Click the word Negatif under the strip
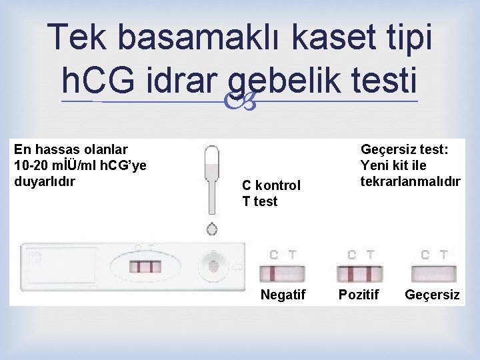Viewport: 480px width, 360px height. tap(283, 295)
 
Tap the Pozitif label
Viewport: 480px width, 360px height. tap(359, 295)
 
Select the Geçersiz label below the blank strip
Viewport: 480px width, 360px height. tap(432, 295)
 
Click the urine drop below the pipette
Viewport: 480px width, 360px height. tap(212, 229)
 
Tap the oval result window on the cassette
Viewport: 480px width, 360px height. tap(145, 267)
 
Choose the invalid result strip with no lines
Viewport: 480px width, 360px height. tap(434, 273)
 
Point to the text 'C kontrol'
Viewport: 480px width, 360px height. tap(271, 185)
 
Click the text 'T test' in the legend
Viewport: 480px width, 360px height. tap(259, 201)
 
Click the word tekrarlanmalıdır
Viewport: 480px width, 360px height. tap(410, 181)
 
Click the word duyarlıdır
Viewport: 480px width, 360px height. tap(44, 181)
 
